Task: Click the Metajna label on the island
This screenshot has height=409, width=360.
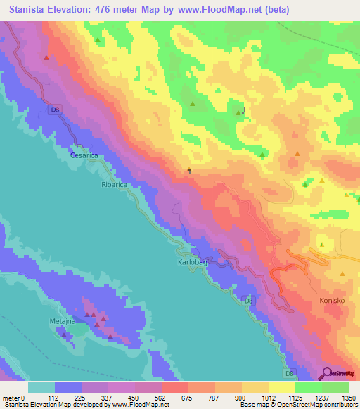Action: point(63,321)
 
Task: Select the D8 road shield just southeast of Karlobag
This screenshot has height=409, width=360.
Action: point(248,301)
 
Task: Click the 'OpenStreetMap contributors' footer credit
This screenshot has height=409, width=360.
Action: point(309,405)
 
